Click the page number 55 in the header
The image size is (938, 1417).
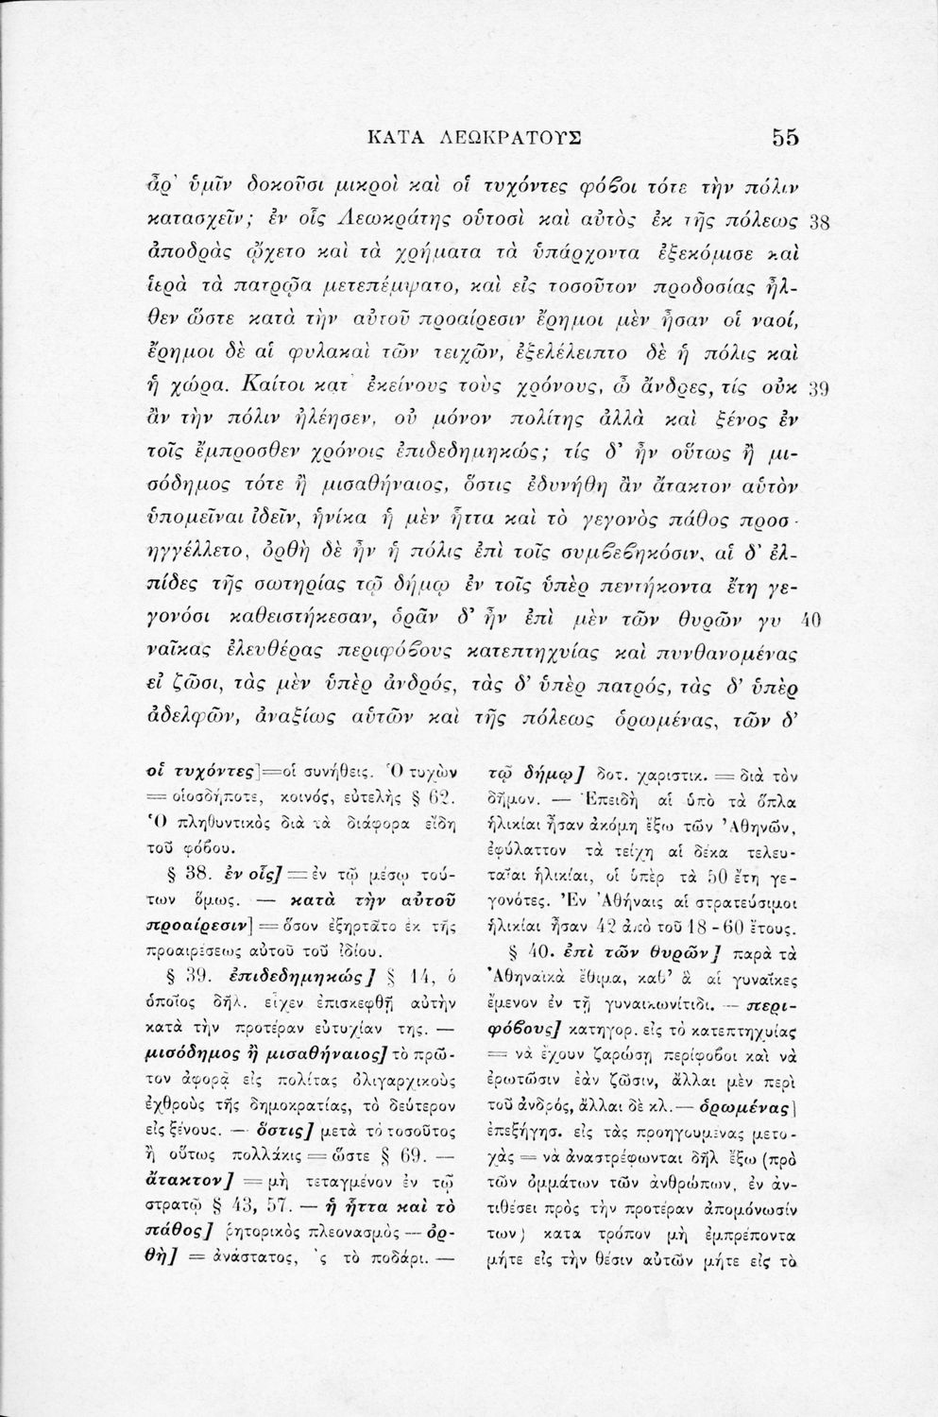pos(785,137)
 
